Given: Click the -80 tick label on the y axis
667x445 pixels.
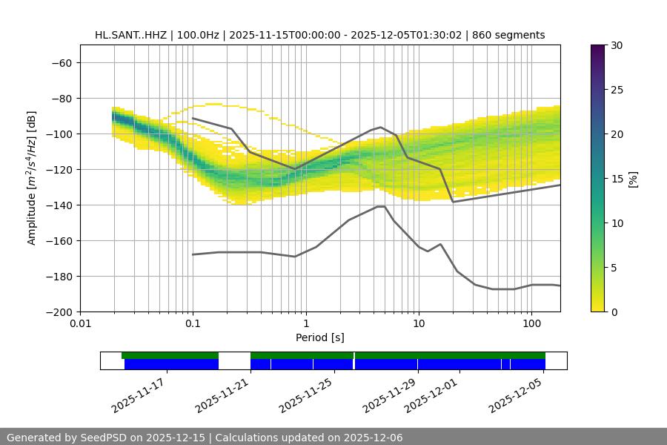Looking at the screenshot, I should click(x=61, y=98).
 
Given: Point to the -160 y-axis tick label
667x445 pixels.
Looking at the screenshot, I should click(x=58, y=240).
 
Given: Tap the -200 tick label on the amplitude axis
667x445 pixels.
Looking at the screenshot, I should click(x=58, y=311).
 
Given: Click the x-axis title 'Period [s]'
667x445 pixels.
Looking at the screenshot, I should click(x=319, y=337).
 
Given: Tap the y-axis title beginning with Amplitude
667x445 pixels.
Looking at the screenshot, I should click(x=32, y=178).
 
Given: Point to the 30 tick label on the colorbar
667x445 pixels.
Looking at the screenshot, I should click(x=617, y=45).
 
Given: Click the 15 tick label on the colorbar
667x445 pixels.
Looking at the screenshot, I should click(x=617, y=179).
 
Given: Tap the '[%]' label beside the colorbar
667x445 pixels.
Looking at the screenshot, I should click(x=633, y=179).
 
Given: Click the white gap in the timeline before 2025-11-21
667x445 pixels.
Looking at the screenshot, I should click(x=234, y=360).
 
